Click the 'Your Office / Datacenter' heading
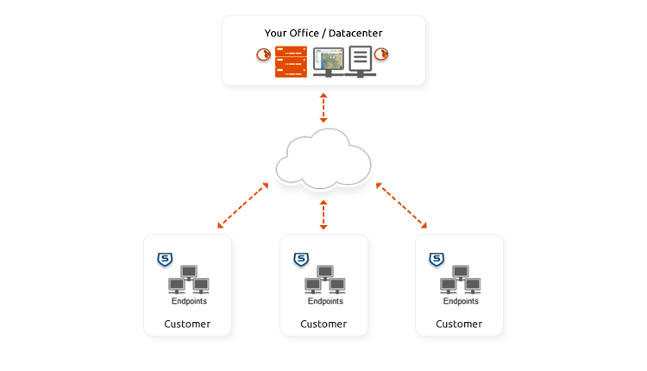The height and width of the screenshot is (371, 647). [x=323, y=33]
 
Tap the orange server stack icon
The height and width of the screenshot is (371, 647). [x=291, y=61]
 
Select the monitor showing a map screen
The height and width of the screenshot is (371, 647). [x=329, y=61]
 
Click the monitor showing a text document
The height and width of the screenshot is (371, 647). [x=361, y=61]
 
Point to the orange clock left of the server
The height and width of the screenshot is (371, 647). [x=263, y=55]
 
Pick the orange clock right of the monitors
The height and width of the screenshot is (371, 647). [x=382, y=55]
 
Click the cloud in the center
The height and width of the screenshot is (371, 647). [x=323, y=159]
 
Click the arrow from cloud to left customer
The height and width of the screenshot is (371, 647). [x=242, y=205]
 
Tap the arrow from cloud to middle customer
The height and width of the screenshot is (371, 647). [x=323, y=214]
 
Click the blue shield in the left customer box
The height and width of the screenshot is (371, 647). [x=165, y=259]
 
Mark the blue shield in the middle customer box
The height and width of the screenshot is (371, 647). [x=301, y=259]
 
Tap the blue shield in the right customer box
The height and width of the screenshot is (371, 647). [x=437, y=259]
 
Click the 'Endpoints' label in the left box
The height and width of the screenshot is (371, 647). [x=188, y=302]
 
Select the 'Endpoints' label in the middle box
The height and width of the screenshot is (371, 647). [x=324, y=302]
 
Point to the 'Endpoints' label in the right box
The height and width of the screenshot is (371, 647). [x=460, y=302]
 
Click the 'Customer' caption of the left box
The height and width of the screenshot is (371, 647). [x=187, y=324]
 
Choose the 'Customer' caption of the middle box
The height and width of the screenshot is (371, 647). [x=323, y=324]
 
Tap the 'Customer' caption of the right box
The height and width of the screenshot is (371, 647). [x=459, y=324]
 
